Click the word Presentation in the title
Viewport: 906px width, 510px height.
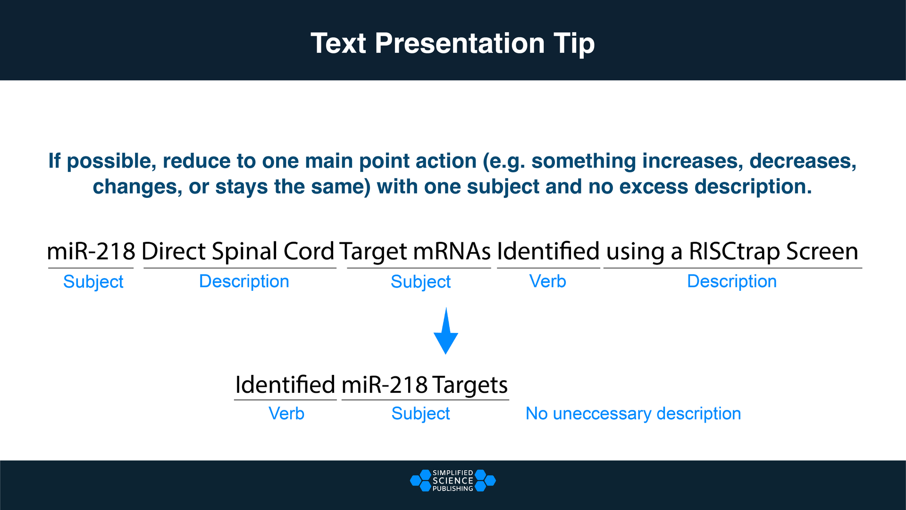(460, 43)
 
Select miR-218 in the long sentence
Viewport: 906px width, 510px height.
(91, 251)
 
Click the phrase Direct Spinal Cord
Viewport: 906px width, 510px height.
(238, 251)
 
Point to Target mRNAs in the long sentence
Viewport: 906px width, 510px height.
(415, 251)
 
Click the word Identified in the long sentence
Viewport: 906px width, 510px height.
(548, 251)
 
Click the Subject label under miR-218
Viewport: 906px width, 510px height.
(93, 282)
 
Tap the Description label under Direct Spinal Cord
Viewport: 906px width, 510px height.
(244, 281)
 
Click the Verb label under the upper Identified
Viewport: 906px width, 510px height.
(547, 281)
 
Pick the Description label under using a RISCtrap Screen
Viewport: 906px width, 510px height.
(731, 281)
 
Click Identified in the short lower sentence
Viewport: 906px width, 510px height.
(285, 385)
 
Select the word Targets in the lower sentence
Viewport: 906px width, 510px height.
(470, 385)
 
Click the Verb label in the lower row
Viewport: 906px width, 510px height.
(286, 414)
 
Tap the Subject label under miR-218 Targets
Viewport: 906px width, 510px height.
(420, 414)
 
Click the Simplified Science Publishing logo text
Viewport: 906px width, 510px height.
(453, 481)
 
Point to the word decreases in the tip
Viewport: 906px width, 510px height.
(802, 161)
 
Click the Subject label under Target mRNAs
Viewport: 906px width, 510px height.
(420, 282)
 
